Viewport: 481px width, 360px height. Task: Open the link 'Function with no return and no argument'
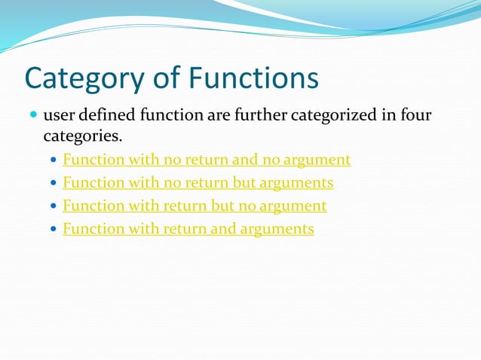[207, 160]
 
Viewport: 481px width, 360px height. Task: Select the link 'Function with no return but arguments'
[198, 183]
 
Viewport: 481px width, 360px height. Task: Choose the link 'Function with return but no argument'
[195, 206]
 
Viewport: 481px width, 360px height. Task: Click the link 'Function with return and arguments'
[188, 229]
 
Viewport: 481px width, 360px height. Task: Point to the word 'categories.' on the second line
[82, 137]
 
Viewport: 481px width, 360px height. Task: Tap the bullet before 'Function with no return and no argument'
[52, 160]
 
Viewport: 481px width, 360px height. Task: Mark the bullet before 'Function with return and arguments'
[52, 230]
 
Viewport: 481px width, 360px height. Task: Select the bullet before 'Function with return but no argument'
[52, 206]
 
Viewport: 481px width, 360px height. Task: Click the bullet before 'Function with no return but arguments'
[52, 184]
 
